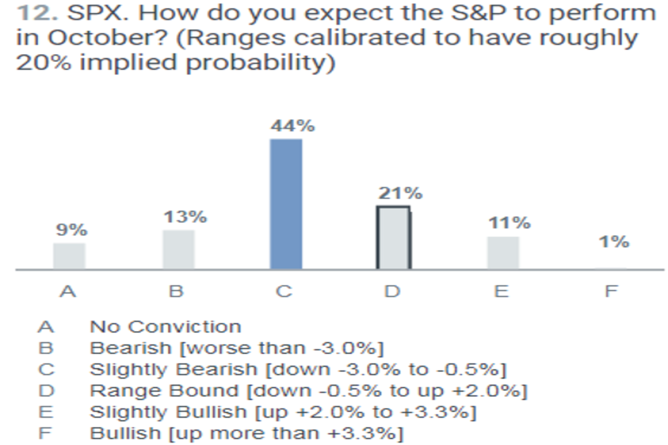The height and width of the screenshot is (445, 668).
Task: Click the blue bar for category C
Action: pos(286,204)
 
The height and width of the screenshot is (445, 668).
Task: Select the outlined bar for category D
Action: pos(393,238)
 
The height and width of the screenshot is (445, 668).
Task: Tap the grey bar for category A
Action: pos(69,256)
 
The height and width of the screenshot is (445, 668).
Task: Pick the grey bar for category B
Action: pos(178,250)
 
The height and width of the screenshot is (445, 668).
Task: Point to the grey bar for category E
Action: pos(503,253)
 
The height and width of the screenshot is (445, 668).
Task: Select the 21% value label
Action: pos(401,194)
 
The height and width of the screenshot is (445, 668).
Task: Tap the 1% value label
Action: pos(615,242)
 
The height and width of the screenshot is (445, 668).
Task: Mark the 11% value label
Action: pos(509,223)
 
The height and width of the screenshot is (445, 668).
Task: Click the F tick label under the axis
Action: pos(611,291)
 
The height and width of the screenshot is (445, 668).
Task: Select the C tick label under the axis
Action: pos(284,291)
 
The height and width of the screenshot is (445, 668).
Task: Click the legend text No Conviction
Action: pos(165,327)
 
